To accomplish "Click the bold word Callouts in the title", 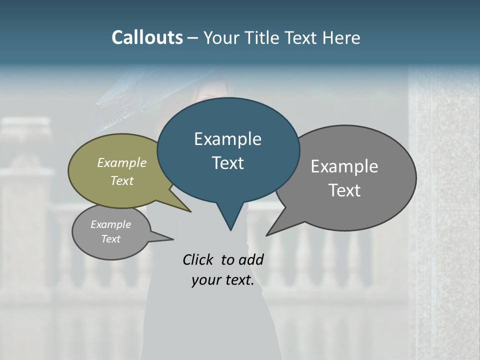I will point(147,37).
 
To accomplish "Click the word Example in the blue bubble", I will point(227,139).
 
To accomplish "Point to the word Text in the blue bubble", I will point(227,163).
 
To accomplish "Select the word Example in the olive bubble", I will point(122,162).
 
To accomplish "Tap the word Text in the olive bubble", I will point(122,180).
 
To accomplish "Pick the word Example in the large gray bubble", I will point(344,166).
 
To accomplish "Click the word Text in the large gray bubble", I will point(344,190).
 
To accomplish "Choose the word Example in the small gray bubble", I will point(110,224).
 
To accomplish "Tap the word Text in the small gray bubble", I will point(110,239).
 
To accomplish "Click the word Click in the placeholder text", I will point(198,259).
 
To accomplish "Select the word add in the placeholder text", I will point(250,259).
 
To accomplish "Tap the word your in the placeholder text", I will point(206,280).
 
